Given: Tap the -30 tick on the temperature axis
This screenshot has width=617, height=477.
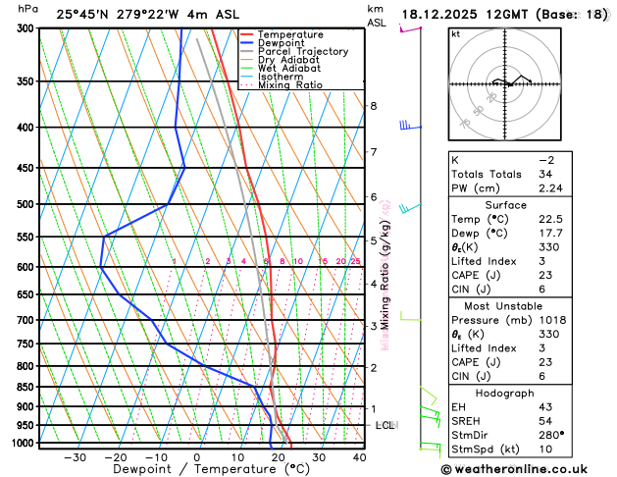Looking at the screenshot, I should [x=75, y=456].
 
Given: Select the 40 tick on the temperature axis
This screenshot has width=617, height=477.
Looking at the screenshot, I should [x=360, y=456].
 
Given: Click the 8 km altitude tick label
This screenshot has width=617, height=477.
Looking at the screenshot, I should [x=373, y=106].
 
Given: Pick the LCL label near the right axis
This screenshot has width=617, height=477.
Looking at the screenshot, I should [x=385, y=425].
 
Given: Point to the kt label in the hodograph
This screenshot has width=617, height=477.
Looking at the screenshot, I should [x=455, y=33].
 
